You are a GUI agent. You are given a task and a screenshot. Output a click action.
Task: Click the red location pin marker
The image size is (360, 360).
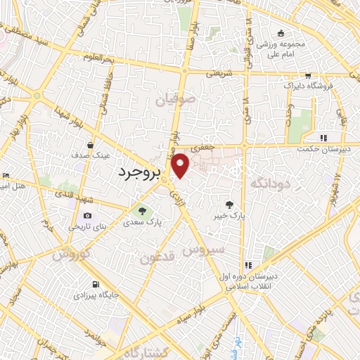(x=181, y=165)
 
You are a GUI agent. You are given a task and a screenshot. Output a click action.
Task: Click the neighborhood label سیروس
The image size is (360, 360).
(x=204, y=249)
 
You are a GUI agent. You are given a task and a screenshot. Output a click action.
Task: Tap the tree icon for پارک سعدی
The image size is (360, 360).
(x=142, y=210)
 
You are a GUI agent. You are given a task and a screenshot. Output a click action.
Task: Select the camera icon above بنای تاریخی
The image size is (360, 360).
(x=87, y=215)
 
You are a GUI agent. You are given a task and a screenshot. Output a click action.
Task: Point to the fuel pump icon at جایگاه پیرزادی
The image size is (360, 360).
(x=96, y=285)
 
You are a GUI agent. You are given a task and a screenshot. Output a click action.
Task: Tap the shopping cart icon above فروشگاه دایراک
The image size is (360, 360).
(x=308, y=75)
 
